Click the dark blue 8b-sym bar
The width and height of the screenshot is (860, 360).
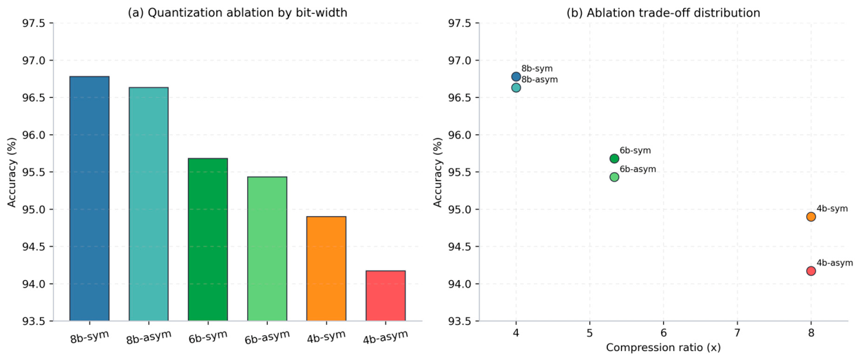pos(90,198)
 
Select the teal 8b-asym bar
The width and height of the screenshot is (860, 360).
pos(149,204)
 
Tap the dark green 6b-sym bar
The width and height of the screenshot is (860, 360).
pos(208,240)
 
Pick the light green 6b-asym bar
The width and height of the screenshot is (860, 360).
pos(267,248)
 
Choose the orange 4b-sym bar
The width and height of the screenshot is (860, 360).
pos(326,268)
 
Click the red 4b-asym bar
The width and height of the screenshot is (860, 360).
pos(386,295)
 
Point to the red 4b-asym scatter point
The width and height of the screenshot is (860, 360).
pos(811,271)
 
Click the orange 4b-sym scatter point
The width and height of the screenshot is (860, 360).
pos(811,217)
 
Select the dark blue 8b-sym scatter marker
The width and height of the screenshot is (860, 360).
pos(516,77)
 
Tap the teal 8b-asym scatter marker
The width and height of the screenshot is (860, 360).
pos(516,88)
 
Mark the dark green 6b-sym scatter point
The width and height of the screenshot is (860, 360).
pos(614,158)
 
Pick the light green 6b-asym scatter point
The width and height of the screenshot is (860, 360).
pos(614,177)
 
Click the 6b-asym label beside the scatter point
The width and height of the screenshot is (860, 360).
pos(638,169)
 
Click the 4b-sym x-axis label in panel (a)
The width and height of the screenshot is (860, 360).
pos(326,337)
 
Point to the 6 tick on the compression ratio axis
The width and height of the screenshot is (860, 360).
pos(664,332)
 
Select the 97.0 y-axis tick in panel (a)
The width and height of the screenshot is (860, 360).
pos(33,61)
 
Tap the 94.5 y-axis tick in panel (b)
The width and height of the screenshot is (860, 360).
pos(459,247)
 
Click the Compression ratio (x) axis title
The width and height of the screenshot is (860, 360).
pos(664,348)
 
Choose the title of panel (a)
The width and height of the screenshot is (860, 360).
pos(238,12)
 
